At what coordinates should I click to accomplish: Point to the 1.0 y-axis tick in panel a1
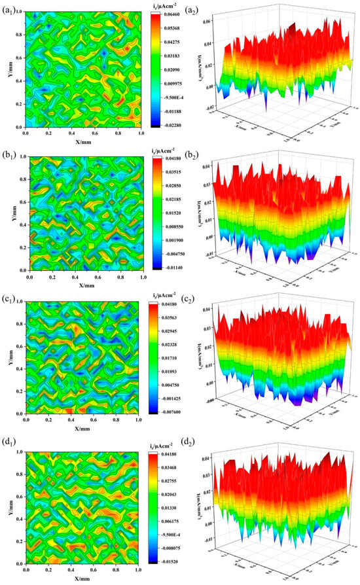[x=18, y=12]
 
